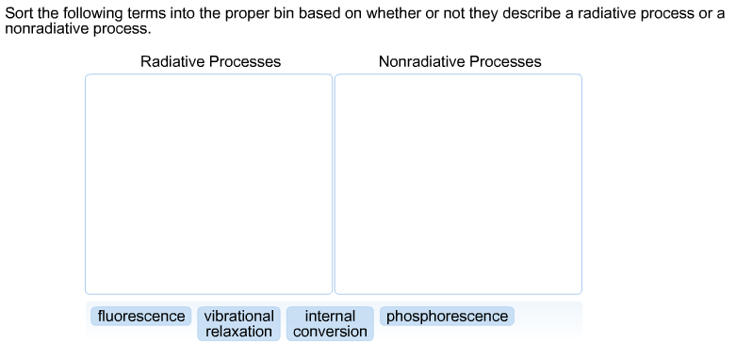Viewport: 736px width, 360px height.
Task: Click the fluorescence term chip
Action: (x=141, y=317)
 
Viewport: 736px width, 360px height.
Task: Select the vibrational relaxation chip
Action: (x=238, y=323)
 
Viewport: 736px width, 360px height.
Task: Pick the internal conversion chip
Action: (x=330, y=323)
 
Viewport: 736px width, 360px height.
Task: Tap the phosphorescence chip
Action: (x=447, y=317)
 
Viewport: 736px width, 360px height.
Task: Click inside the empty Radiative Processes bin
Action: (x=208, y=184)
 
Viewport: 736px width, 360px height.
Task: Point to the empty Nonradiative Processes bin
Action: (x=458, y=184)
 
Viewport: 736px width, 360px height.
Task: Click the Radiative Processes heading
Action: (x=210, y=61)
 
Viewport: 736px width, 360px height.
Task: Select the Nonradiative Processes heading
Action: (x=460, y=61)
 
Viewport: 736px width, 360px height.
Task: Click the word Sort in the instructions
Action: (x=20, y=13)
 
